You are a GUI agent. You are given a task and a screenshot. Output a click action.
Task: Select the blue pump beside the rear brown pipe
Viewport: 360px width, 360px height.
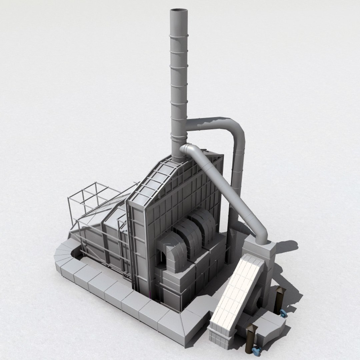click(x=283, y=313)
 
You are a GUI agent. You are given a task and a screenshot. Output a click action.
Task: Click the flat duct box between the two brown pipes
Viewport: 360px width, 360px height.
click(x=270, y=327)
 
